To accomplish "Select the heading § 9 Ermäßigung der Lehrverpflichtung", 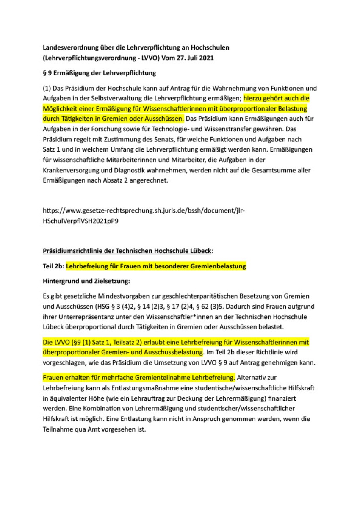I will (x=100, y=73).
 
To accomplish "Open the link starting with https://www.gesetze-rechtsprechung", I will (x=144, y=210).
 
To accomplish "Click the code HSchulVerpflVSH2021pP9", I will (x=80, y=220).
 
